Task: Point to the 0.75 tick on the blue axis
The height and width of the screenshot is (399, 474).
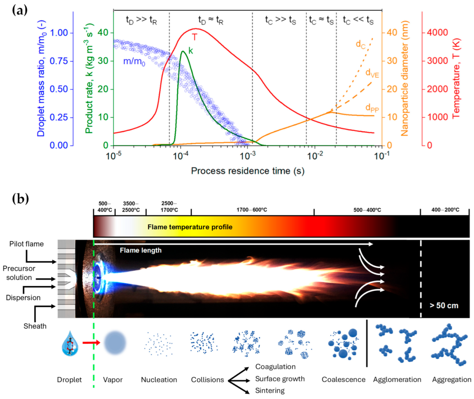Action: (59, 61)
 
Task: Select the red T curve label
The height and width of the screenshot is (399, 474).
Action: (194, 37)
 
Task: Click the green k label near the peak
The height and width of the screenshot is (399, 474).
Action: (191, 51)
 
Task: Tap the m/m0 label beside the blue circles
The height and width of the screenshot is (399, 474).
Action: (134, 61)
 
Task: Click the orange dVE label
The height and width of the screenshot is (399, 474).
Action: (372, 73)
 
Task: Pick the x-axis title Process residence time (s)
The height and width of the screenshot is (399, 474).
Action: (248, 171)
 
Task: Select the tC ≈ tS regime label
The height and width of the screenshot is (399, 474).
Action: (321, 20)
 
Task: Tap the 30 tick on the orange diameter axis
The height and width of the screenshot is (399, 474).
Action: (392, 61)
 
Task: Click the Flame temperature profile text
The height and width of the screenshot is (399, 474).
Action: (190, 227)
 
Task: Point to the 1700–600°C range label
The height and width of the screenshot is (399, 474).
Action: (252, 210)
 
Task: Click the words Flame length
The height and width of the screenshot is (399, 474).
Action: (141, 250)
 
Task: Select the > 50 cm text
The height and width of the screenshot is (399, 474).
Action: (444, 305)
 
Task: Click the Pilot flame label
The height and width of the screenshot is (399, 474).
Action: (26, 244)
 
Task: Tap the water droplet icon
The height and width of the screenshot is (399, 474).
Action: (70, 343)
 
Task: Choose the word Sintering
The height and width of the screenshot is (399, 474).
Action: (270, 391)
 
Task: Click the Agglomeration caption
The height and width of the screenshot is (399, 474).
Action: (397, 380)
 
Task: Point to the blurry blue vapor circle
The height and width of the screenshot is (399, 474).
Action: (115, 343)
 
